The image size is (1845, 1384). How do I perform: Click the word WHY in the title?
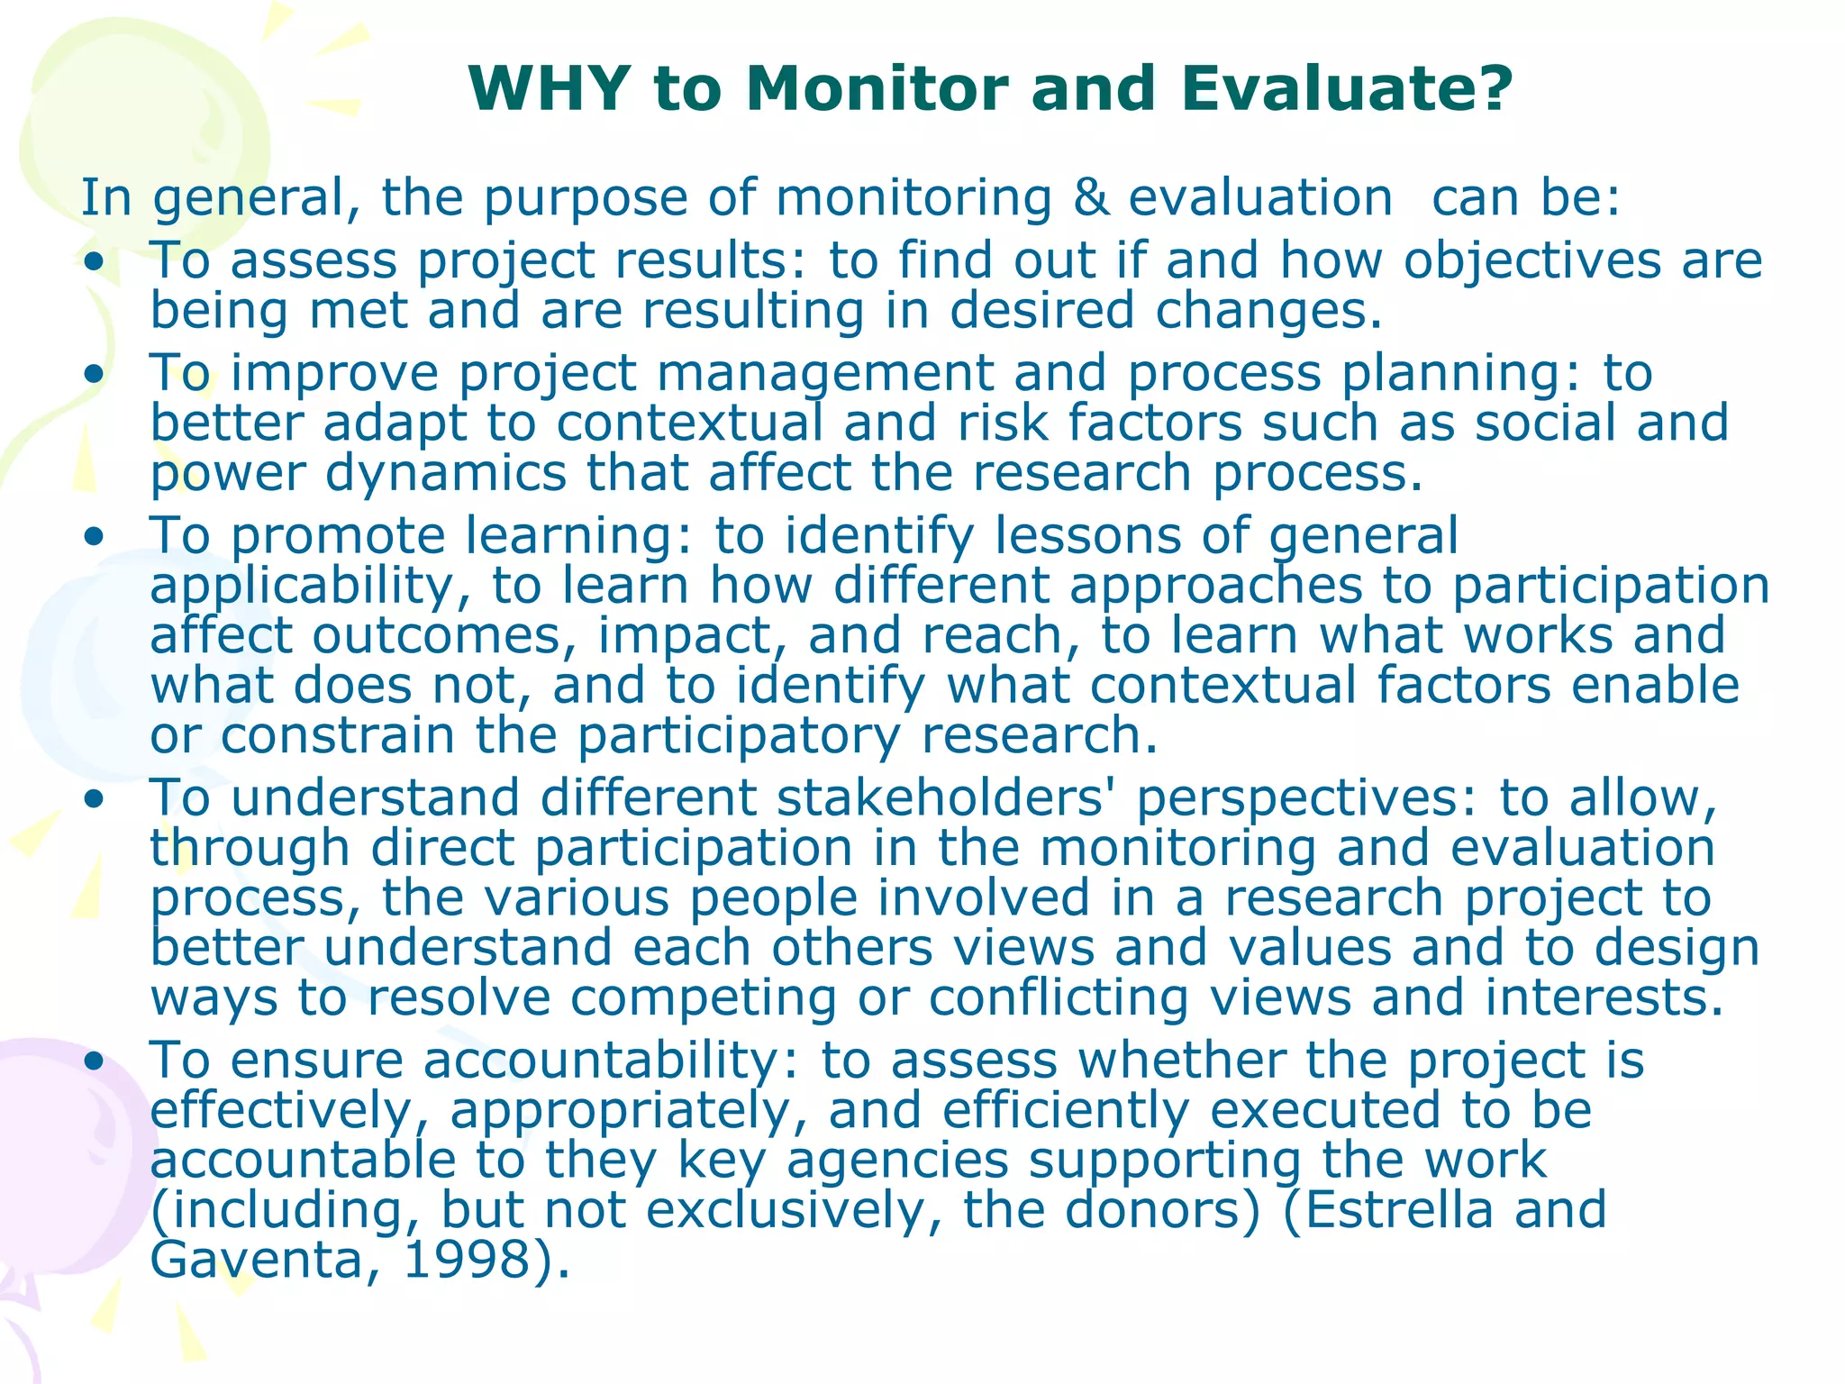(x=549, y=88)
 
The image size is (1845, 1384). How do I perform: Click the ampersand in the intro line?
(x=1091, y=197)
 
